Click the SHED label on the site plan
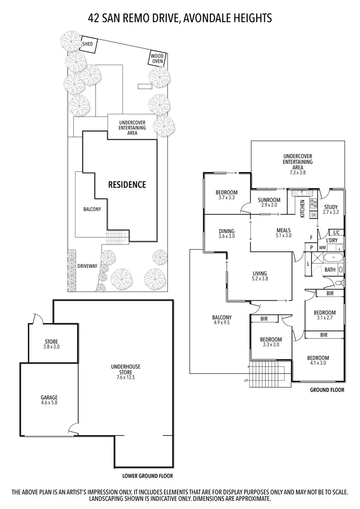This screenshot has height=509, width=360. pyautogui.click(x=87, y=44)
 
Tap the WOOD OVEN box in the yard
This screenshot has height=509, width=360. pyautogui.click(x=158, y=59)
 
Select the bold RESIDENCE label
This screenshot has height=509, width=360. pyautogui.click(x=126, y=184)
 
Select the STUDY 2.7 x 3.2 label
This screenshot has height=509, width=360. pyautogui.click(x=331, y=209)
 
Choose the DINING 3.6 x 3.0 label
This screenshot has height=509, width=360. pyautogui.click(x=226, y=233)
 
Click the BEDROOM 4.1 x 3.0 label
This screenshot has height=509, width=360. pyautogui.click(x=318, y=361)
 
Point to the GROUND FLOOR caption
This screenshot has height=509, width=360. pyautogui.click(x=327, y=390)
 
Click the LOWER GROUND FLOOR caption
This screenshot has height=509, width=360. pyautogui.click(x=147, y=476)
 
